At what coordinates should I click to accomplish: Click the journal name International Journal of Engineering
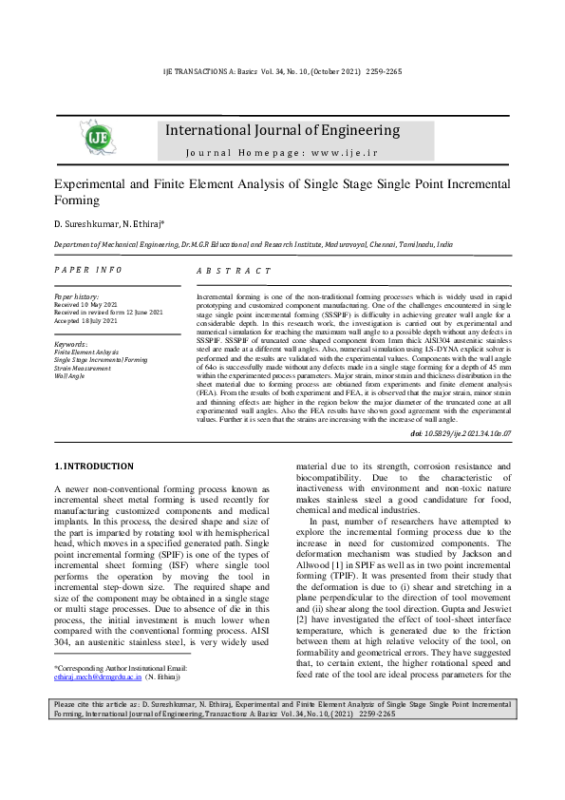[282, 131]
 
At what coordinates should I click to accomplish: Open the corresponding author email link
[98, 678]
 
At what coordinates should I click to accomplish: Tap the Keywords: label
[71, 344]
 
